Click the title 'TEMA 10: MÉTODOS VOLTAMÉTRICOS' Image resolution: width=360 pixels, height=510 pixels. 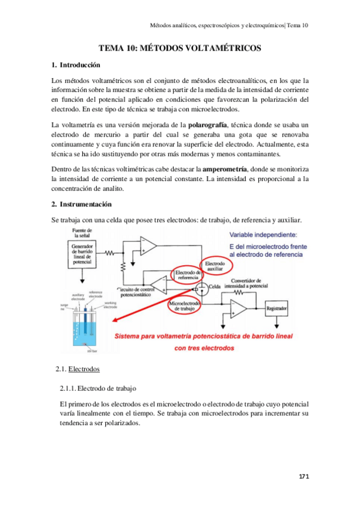pos(180,48)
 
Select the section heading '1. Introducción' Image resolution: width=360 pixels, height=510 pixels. pos(76,65)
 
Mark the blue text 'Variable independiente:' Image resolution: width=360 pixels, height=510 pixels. pos(266,235)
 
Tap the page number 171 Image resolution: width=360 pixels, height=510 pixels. pos(304,477)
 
